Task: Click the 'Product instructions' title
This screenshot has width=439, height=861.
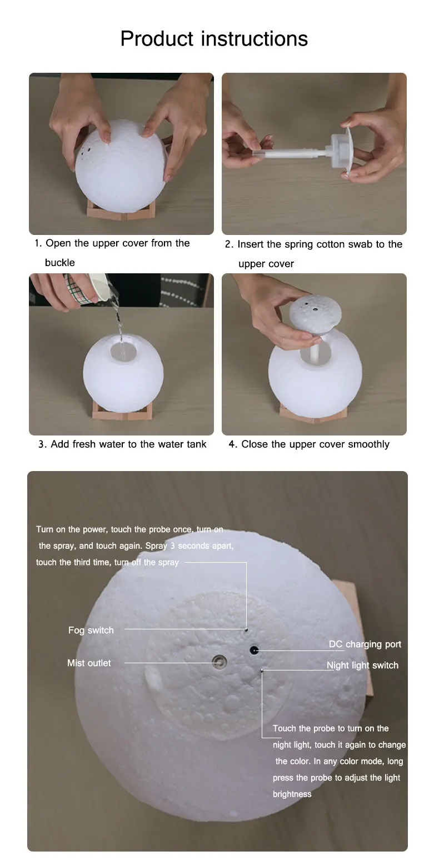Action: pyautogui.click(x=214, y=38)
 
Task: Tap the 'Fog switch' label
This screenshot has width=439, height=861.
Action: pyautogui.click(x=91, y=630)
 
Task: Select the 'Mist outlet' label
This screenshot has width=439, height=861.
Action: pyautogui.click(x=89, y=663)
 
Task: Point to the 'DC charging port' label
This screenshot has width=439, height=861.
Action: pyautogui.click(x=365, y=644)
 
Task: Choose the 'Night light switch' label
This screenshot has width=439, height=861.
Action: pyautogui.click(x=362, y=665)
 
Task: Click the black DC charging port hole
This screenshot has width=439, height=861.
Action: pyautogui.click(x=254, y=650)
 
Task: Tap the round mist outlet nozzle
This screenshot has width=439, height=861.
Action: pyautogui.click(x=219, y=662)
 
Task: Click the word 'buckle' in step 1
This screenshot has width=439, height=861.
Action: pyautogui.click(x=59, y=263)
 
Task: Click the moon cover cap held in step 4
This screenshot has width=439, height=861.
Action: pyautogui.click(x=315, y=314)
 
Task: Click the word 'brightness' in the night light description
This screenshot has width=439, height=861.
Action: pyautogui.click(x=292, y=794)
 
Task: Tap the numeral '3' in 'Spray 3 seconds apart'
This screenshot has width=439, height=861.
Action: pyautogui.click(x=173, y=545)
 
